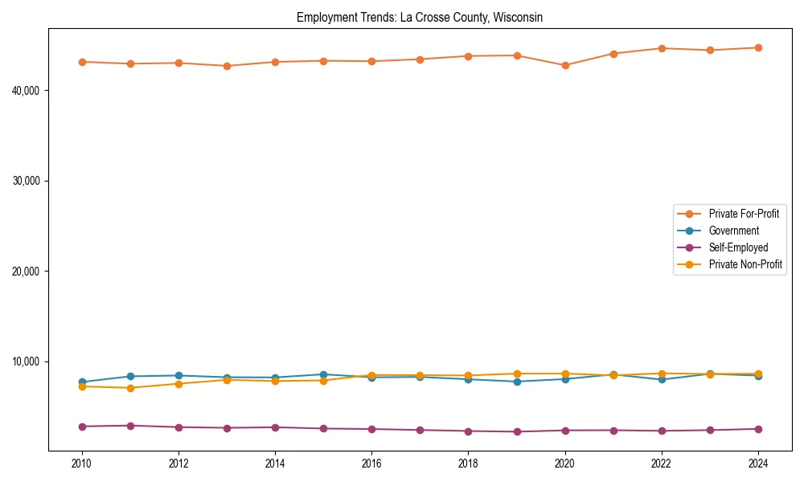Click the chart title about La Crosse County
[420, 17]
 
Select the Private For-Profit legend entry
[743, 214]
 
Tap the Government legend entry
[733, 231]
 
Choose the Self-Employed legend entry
[738, 247]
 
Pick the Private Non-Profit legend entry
[745, 264]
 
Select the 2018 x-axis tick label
[468, 464]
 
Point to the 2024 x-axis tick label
[758, 464]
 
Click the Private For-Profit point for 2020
[565, 65]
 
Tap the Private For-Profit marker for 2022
[662, 48]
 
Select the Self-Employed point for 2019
[517, 431]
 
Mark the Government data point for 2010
[82, 382]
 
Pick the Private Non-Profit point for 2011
[130, 388]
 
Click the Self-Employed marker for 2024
[758, 429]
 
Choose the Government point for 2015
[323, 374]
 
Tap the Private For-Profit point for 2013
[227, 66]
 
